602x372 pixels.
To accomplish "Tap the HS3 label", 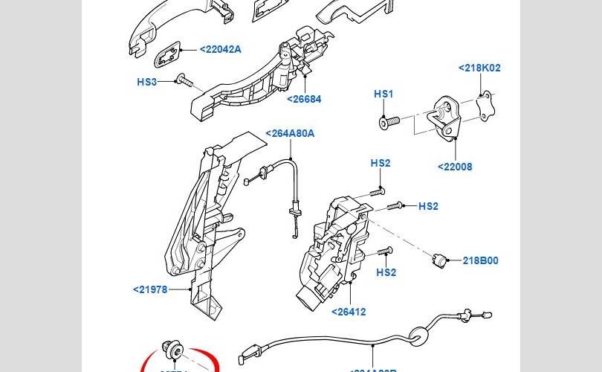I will click(x=147, y=82).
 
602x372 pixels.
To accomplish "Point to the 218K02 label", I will click(x=479, y=68).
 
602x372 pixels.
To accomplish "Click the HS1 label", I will click(x=383, y=94).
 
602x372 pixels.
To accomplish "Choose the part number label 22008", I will click(x=454, y=167).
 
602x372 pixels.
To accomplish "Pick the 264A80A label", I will click(x=290, y=134).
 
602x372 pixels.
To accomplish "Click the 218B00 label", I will click(x=480, y=260).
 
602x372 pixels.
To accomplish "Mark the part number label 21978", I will click(x=151, y=289).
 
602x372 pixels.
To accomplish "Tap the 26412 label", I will click(x=349, y=312).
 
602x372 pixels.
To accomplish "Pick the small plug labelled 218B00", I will click(x=439, y=260).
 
